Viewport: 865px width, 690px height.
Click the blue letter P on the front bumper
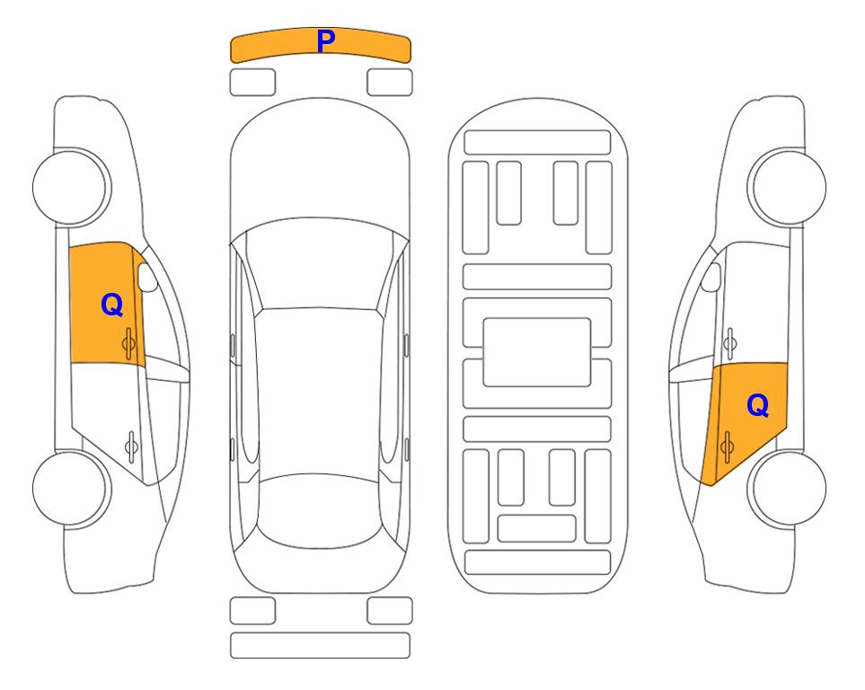pos(326,42)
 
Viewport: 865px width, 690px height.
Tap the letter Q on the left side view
pos(112,305)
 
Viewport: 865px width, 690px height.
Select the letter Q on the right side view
pos(757,406)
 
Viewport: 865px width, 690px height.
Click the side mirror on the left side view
pos(146,277)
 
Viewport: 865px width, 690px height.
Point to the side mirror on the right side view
pos(711,277)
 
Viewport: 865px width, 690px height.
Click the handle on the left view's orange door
pos(128,343)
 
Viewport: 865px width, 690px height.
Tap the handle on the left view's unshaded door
pos(131,446)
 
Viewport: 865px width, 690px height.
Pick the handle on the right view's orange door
pos(727,447)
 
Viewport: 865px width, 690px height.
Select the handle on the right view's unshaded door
pos(730,343)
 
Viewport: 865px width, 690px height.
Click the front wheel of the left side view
pos(71,188)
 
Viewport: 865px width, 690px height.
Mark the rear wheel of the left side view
pos(71,488)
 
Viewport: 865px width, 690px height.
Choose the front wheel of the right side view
pos(787,188)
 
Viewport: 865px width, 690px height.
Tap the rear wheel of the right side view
pos(787,489)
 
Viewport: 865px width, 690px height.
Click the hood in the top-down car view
pos(320,165)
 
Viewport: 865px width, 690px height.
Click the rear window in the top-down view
pos(320,510)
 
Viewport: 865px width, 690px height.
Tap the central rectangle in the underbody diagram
pos(537,352)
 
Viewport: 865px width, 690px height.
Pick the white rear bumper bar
pos(320,645)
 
